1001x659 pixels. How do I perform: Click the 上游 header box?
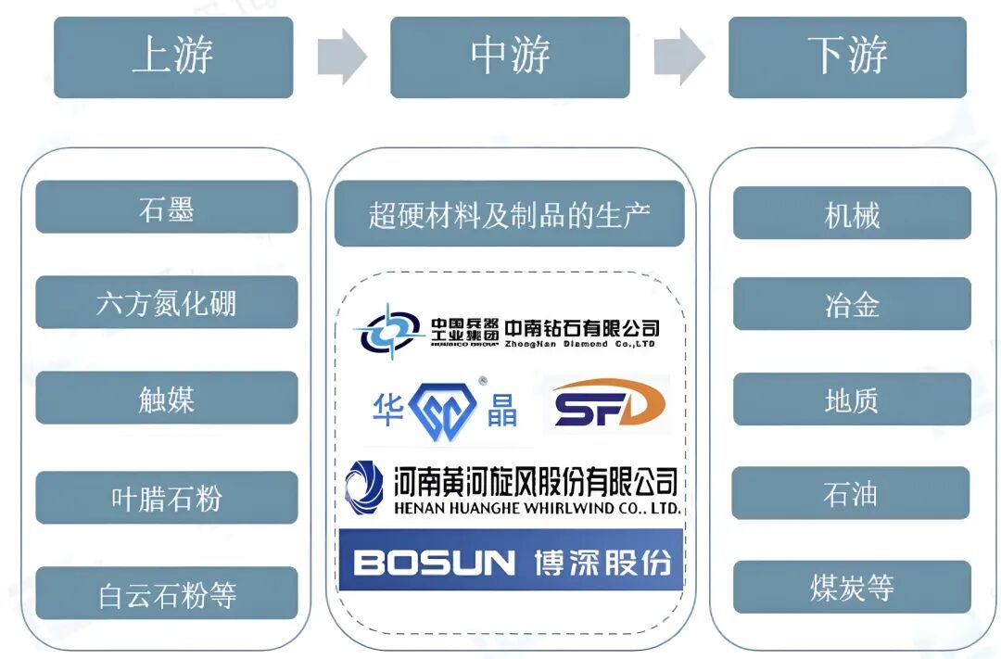[x=173, y=57]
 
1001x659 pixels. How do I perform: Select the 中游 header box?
[x=510, y=57]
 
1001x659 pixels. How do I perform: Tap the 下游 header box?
[x=847, y=57]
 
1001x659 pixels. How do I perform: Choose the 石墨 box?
[x=167, y=207]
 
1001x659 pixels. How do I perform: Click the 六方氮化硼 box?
[x=167, y=302]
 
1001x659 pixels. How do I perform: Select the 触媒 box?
[x=167, y=399]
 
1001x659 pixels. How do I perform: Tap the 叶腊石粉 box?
[x=167, y=498]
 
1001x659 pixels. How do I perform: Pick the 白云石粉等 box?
[x=167, y=593]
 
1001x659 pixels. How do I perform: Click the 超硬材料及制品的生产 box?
[x=509, y=214]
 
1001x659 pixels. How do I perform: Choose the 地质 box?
[x=852, y=399]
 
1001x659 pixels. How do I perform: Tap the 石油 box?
[x=852, y=493]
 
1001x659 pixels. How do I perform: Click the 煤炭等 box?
[x=852, y=588]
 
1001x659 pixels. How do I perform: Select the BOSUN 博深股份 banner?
[x=511, y=561]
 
